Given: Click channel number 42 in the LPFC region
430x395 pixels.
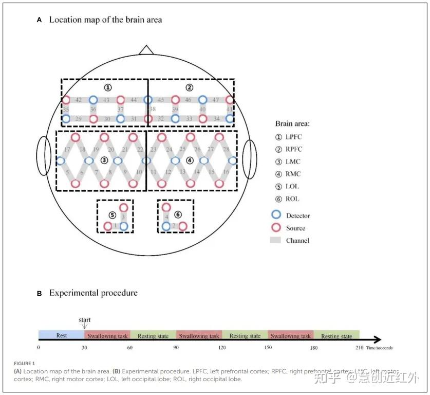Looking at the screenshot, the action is coord(79,100).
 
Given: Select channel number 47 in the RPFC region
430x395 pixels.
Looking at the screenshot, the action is coord(216,100).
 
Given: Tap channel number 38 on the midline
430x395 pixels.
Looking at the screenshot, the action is coord(153,110).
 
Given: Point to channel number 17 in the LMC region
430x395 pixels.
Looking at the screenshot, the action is coord(67,149).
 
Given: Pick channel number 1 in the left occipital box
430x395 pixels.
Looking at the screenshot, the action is coord(116,226).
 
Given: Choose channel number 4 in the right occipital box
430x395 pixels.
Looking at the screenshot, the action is coord(166,217).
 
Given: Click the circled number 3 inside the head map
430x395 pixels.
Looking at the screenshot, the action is coord(104,160).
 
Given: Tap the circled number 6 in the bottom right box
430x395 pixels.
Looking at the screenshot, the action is coord(178,214).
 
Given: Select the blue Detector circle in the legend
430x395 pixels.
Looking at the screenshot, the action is coord(276,216).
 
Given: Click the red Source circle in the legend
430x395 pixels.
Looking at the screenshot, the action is coord(276,228).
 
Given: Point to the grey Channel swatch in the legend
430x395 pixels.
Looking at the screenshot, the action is coord(276,240).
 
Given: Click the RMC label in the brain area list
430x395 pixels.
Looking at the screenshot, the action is coord(293,174).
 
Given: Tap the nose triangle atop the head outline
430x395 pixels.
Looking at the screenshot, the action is coord(146,50).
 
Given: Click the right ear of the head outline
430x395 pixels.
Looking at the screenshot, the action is coord(249,159).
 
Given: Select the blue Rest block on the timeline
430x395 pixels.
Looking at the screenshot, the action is coord(61,335).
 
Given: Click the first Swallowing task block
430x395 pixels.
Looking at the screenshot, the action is coord(107,335).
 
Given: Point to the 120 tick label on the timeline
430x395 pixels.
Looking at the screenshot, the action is coord(222,348).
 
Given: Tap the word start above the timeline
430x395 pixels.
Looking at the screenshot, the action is coord(85,320).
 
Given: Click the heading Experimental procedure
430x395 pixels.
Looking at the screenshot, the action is coord(93,293).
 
